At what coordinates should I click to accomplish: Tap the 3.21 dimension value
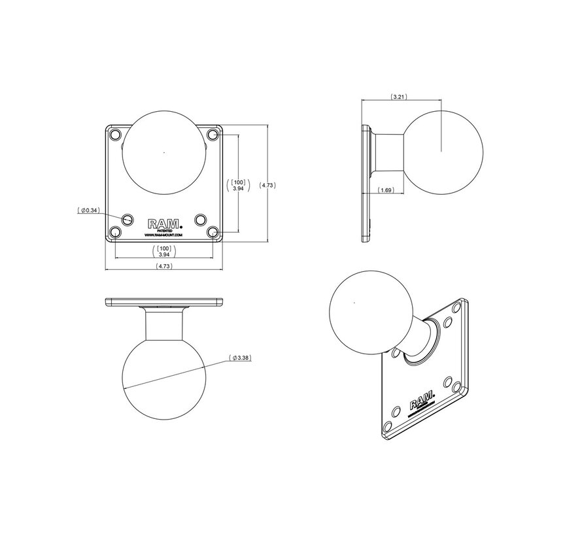pos(398,97)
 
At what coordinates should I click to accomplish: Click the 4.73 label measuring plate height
pos(267,186)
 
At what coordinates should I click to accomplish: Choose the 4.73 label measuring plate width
pos(164,267)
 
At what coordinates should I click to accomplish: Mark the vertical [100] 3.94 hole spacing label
pos(238,184)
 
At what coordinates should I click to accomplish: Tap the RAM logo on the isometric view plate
pos(420,403)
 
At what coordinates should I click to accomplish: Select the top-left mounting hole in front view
pos(116,135)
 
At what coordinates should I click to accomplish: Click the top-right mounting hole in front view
pos(212,135)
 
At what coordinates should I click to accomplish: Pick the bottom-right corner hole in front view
pos(212,231)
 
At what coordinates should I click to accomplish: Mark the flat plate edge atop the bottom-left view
pos(163,302)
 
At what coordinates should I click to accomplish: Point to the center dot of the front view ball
pos(163,154)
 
